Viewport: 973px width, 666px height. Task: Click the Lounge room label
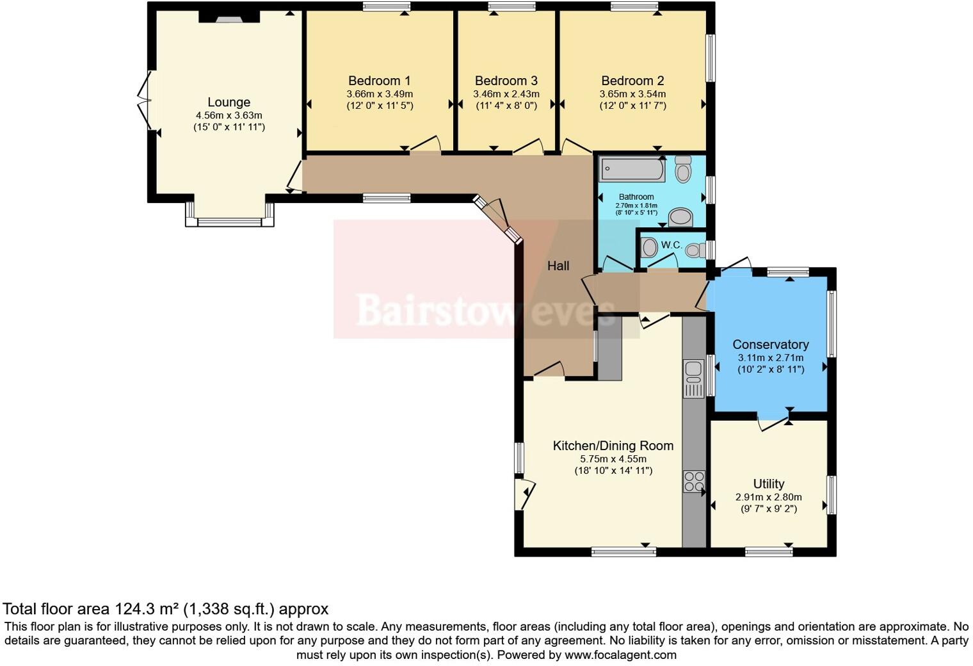click(x=229, y=102)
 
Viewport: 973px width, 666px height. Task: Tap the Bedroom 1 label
click(x=379, y=81)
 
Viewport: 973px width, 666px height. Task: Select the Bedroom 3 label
click(x=506, y=81)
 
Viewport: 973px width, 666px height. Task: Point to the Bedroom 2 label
click(x=632, y=81)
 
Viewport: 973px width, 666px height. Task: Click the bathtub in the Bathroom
click(x=632, y=170)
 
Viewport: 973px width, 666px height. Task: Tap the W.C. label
click(x=671, y=245)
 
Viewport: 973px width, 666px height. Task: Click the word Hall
click(x=558, y=266)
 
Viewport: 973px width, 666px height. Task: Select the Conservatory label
click(x=770, y=345)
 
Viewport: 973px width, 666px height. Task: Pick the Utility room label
click(x=768, y=484)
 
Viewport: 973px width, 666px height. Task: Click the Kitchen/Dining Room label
click(x=613, y=446)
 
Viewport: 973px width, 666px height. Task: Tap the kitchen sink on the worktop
click(x=693, y=378)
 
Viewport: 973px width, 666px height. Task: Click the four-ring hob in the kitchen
click(x=693, y=482)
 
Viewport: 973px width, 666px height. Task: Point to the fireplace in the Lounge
click(x=229, y=18)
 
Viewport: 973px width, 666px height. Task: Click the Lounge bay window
click(x=229, y=222)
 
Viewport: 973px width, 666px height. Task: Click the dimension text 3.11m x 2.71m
click(x=770, y=358)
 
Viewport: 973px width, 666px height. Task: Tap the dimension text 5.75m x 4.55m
click(x=613, y=459)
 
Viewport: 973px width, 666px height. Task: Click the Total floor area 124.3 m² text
click(x=165, y=609)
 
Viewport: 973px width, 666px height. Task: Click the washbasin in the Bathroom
click(x=680, y=218)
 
